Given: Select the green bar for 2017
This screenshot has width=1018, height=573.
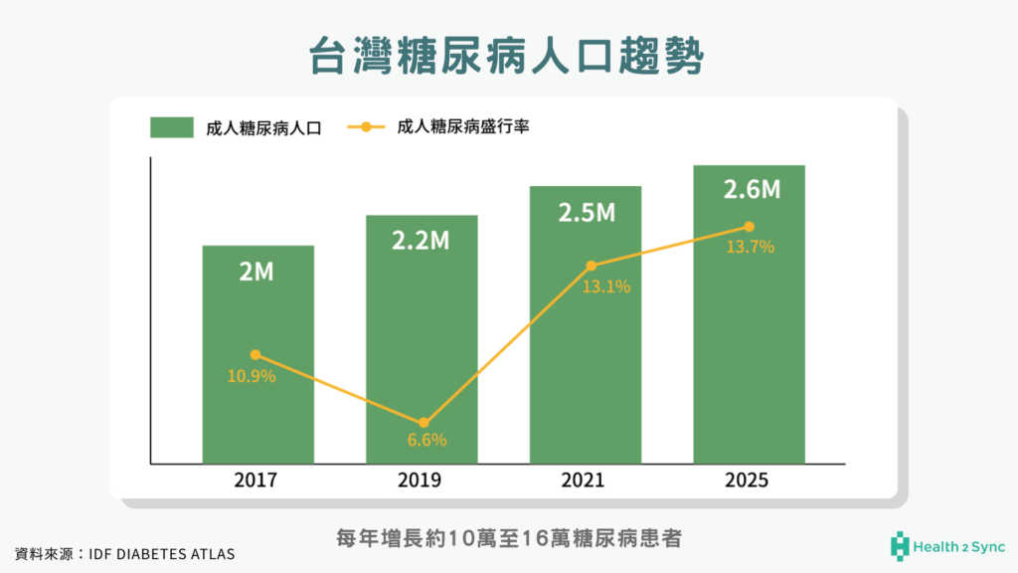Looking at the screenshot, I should pyautogui.click(x=257, y=398).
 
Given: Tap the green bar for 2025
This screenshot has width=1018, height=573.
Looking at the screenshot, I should pyautogui.click(x=749, y=378).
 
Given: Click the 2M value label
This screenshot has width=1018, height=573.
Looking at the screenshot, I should pyautogui.click(x=257, y=272).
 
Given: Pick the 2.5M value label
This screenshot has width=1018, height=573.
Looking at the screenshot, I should pyautogui.click(x=586, y=212).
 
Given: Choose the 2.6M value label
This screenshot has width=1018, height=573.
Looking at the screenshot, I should pyautogui.click(x=749, y=190).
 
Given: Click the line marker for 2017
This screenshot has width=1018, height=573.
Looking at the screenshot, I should pyautogui.click(x=255, y=355).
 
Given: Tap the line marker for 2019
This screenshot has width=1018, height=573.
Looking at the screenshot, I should pyautogui.click(x=424, y=423).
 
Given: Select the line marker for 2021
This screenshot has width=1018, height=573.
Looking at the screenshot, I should pyautogui.click(x=592, y=266).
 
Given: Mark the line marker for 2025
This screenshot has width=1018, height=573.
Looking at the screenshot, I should pyautogui.click(x=750, y=226).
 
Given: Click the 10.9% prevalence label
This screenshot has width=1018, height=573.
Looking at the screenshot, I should pyautogui.click(x=252, y=377).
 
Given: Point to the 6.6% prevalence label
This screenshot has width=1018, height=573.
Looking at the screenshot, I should pyautogui.click(x=425, y=440).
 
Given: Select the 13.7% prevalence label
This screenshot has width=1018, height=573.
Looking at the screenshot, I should pyautogui.click(x=750, y=248).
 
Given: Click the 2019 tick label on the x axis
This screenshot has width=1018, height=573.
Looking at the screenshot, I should pyautogui.click(x=422, y=480).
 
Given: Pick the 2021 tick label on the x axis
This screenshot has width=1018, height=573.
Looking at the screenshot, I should pyautogui.click(x=586, y=480).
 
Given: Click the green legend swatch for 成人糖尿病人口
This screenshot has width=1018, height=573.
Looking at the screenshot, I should pyautogui.click(x=172, y=127).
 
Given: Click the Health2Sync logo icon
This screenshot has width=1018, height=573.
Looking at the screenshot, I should pyautogui.click(x=901, y=545).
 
